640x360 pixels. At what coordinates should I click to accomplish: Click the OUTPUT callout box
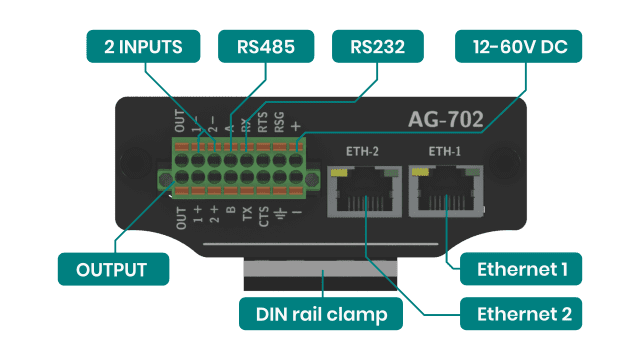112,270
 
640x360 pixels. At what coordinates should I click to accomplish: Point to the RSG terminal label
280,122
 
